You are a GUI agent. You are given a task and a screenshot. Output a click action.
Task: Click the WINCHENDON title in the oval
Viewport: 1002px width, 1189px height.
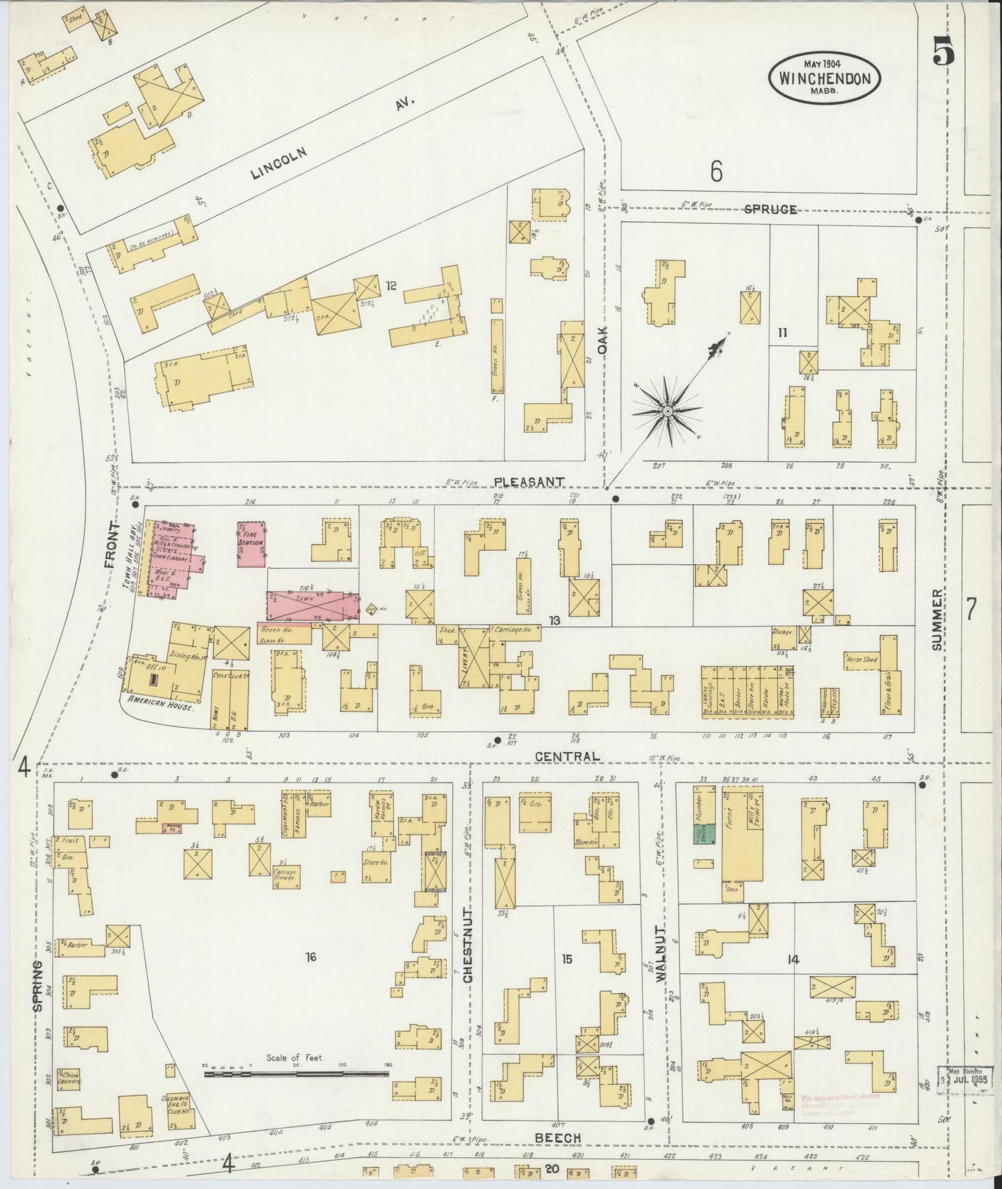824,78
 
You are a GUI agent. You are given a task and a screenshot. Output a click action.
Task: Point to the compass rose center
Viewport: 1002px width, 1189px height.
667,411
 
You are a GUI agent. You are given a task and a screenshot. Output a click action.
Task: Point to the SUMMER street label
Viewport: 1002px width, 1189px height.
938,619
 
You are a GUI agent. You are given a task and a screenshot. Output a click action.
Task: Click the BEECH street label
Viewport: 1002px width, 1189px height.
557,1137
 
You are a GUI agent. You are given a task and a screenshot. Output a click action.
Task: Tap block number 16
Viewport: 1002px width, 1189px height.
310,958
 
